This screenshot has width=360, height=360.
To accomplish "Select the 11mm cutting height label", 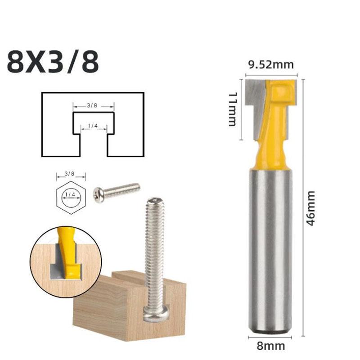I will click(x=233, y=109).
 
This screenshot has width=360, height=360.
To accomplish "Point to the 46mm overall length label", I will click(x=311, y=208).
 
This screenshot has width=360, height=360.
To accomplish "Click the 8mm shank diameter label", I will click(x=270, y=346).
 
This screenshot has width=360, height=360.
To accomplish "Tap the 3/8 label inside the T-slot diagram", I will click(x=92, y=105).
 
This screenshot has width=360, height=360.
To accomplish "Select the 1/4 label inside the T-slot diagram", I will click(x=93, y=126).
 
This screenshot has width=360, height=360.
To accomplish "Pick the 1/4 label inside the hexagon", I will click(x=71, y=195).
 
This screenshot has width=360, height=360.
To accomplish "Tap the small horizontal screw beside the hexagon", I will click(x=117, y=191).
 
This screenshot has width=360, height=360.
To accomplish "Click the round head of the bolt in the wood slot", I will click(x=156, y=312).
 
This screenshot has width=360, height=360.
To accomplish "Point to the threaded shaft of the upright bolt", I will click(x=154, y=252).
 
